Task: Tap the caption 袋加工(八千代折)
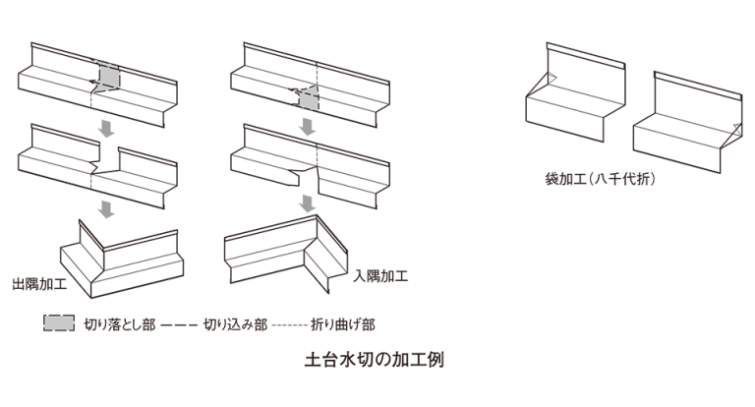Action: coord(601,180)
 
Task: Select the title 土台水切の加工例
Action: coord(376,359)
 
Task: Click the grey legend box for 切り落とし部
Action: coord(58,322)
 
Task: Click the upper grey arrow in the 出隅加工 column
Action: coord(108,126)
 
